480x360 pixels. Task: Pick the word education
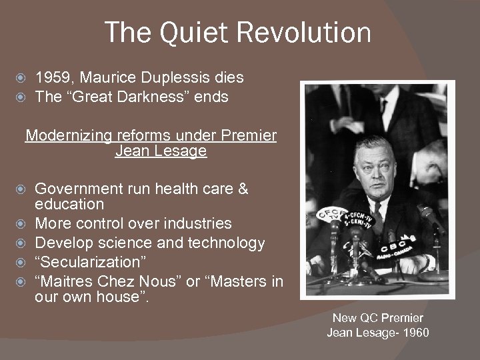69,204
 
